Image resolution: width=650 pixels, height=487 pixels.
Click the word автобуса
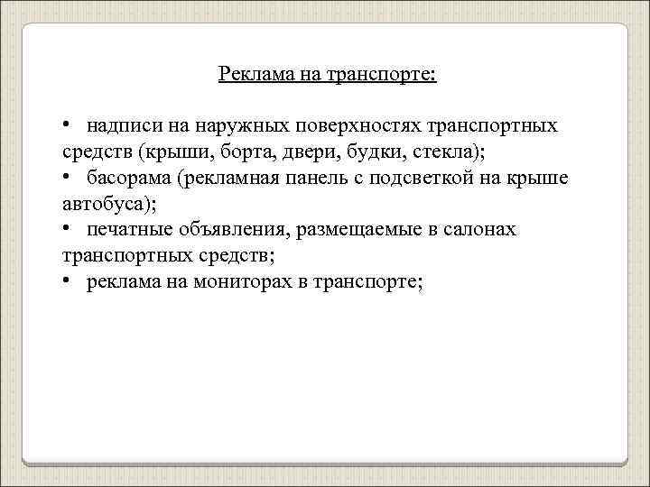[107, 203]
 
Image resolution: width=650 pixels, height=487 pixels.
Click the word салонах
[483, 229]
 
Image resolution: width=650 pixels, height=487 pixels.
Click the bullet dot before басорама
[68, 177]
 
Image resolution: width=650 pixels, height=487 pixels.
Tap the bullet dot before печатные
[68, 229]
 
